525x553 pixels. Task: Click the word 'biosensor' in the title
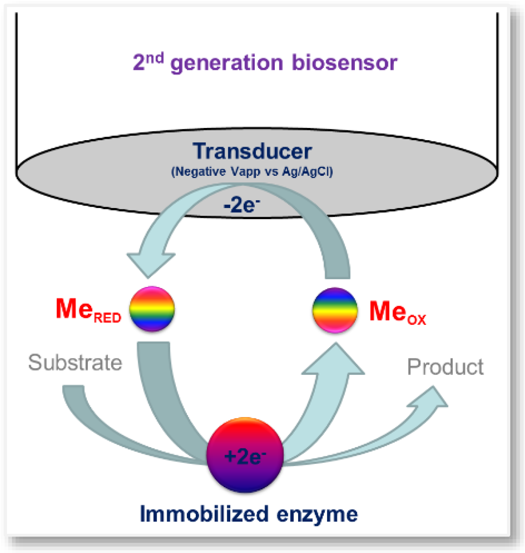point(344,63)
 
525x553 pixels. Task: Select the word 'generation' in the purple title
point(227,64)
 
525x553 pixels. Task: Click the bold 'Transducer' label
point(252,151)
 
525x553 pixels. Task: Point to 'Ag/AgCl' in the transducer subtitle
point(307,171)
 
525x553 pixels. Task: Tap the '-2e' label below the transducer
point(241,205)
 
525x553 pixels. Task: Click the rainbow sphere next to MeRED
point(152,309)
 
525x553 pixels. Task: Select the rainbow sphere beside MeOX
point(335,310)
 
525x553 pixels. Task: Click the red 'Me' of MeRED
point(74,309)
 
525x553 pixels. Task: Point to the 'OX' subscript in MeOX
point(417,319)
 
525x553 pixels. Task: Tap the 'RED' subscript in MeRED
point(108,318)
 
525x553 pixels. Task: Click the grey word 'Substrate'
point(75,363)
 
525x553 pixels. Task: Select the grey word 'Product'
point(445,367)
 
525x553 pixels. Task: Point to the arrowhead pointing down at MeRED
point(150,264)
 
